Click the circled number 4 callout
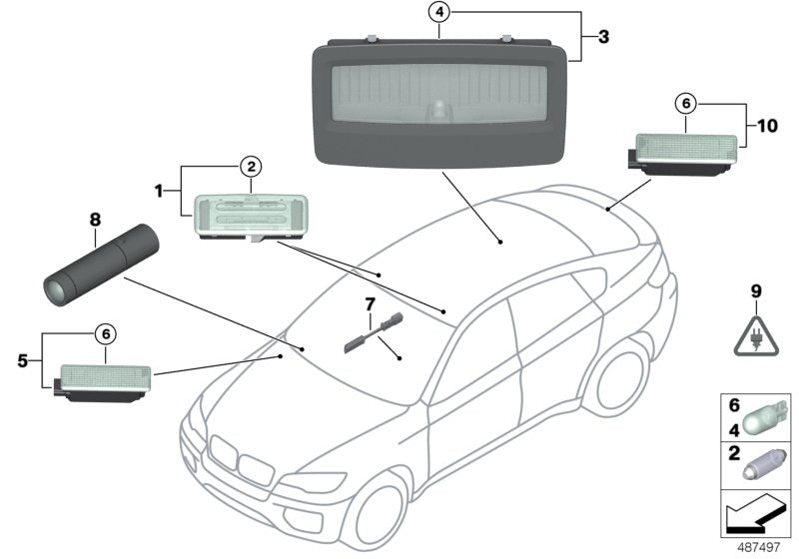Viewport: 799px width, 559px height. click(439, 14)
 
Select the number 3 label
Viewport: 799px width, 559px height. click(603, 36)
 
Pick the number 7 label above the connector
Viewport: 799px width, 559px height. click(370, 302)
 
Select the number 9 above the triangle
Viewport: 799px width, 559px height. click(755, 291)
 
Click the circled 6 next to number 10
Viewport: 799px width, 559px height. click(684, 103)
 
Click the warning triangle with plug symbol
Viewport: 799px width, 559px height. click(755, 335)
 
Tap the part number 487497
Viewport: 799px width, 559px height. click(762, 546)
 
